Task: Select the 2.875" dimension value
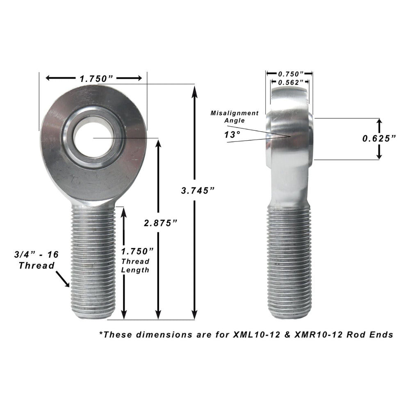(160, 223)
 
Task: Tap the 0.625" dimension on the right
(379, 138)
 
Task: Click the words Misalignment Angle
(235, 116)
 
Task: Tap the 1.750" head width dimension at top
(96, 78)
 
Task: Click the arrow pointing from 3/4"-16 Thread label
(62, 280)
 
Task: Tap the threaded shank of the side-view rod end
(289, 262)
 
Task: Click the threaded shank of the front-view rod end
(93, 262)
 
